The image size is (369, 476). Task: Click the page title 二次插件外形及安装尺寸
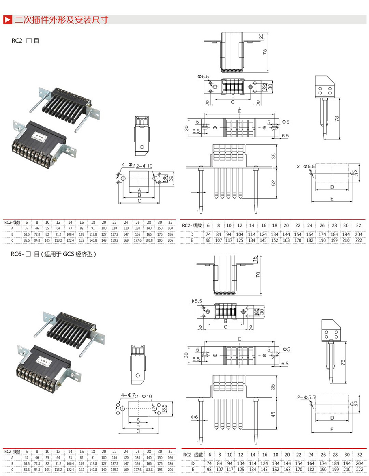pos(61,19)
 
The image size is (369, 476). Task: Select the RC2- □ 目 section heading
pos(25,41)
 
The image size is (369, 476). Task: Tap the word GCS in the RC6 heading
pos(71,254)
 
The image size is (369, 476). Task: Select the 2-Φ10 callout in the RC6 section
pos(145,396)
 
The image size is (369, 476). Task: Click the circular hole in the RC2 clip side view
pos(142,146)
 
